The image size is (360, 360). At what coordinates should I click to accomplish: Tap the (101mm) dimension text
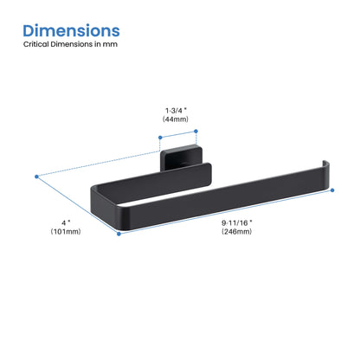(x=66, y=233)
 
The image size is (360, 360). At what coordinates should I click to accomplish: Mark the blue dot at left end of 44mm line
(x=160, y=137)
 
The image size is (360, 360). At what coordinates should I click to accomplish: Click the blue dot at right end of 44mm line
(x=196, y=131)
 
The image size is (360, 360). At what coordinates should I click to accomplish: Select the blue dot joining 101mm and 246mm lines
(x=119, y=233)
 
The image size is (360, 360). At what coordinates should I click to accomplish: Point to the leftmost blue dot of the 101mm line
(x=37, y=178)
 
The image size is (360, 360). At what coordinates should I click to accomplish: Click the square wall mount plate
(x=184, y=160)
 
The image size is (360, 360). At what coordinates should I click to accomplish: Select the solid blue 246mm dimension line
(x=227, y=212)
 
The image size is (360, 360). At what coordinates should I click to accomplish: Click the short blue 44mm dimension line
(x=178, y=134)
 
